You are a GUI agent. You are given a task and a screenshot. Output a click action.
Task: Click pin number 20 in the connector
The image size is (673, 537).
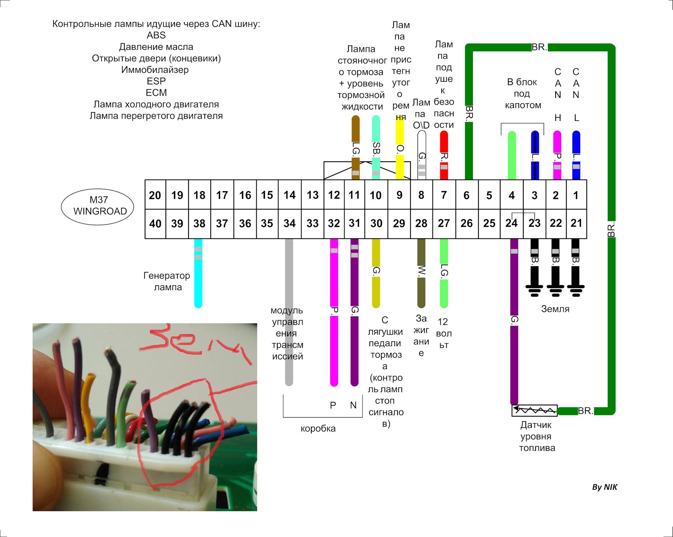point(155,195)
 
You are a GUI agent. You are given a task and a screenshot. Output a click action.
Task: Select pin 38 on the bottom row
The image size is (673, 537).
point(199,224)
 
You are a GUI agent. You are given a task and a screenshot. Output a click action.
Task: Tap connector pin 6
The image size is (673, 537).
point(467,195)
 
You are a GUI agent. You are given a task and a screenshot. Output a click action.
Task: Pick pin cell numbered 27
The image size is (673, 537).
point(444,224)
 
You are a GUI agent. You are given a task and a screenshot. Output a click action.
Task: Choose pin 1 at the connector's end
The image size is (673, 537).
point(576,195)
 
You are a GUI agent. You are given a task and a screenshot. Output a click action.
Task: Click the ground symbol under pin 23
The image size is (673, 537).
point(535,290)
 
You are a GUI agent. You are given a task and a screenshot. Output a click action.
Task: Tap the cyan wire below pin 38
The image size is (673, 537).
point(198,273)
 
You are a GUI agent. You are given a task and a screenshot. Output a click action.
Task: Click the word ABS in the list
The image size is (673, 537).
point(156,35)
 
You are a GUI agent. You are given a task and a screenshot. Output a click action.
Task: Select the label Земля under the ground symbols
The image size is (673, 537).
point(555,309)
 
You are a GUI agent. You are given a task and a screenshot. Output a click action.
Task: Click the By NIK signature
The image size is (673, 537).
point(605,487)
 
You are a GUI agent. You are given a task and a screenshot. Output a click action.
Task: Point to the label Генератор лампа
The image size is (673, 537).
point(167,281)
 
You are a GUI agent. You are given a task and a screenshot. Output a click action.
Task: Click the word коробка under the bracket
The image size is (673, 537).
point(318,428)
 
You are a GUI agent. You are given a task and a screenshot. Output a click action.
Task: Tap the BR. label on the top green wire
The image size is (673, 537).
point(539,48)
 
